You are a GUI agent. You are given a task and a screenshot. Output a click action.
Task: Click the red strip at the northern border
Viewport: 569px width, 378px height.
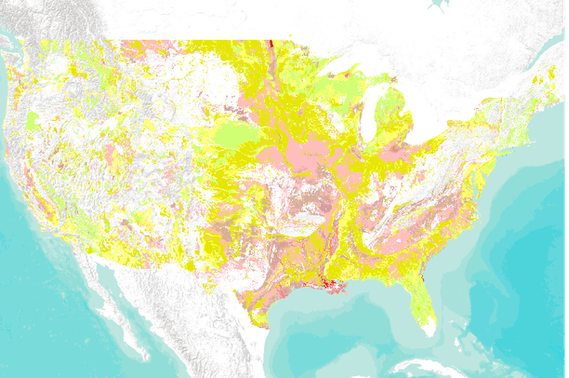271,43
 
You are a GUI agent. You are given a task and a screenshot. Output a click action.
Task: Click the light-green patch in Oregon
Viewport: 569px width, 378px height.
35,120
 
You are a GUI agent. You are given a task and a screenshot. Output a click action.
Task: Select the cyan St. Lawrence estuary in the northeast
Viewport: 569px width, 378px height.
549,51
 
